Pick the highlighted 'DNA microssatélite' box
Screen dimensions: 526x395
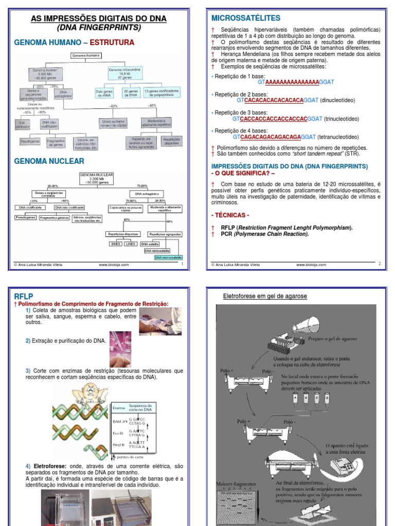(x=170, y=257)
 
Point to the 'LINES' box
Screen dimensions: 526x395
(x=131, y=244)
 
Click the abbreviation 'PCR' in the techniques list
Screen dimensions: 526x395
(x=227, y=234)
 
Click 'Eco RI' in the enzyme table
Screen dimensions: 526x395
(x=118, y=434)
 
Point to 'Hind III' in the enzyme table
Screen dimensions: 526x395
(x=118, y=445)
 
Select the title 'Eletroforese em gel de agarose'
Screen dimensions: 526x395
(x=265, y=296)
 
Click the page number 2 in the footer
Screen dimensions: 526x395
(x=379, y=263)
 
